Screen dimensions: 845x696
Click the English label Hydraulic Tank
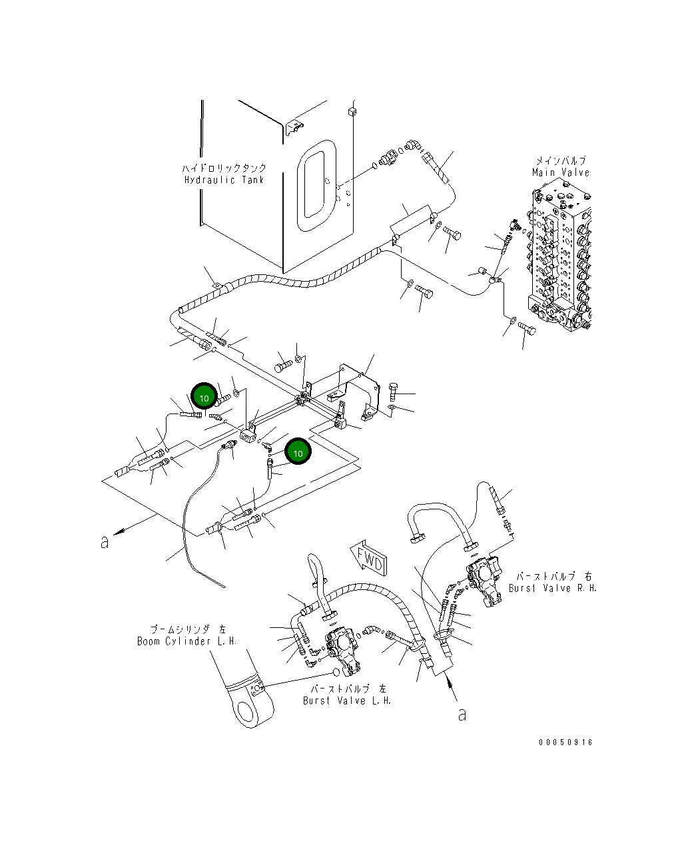(x=224, y=180)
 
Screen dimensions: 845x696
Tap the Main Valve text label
(x=561, y=172)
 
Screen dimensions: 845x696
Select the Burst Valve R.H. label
(x=552, y=588)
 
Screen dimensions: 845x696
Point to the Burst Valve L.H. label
(x=347, y=701)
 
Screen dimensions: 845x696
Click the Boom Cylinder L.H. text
(x=186, y=641)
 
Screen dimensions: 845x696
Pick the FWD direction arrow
(x=367, y=557)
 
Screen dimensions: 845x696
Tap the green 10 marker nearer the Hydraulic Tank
(x=204, y=398)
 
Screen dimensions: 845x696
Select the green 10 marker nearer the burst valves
(x=298, y=453)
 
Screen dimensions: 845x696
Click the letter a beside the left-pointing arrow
(x=105, y=543)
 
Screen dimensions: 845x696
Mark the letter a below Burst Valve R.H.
(x=462, y=714)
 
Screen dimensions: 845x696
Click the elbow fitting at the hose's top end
(x=412, y=144)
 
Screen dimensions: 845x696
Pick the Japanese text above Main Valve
(x=561, y=161)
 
